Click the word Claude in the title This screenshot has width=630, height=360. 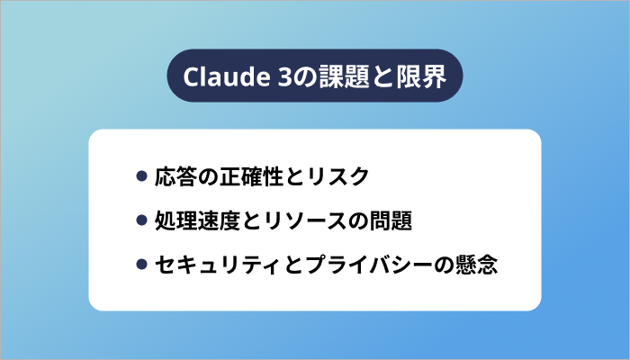point(226,76)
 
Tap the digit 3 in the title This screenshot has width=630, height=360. point(284,76)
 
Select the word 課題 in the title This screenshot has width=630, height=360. point(345,76)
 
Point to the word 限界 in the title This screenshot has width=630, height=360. point(421,76)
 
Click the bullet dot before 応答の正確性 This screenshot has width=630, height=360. point(141,176)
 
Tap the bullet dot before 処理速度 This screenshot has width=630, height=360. point(141,220)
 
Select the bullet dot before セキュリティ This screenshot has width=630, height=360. point(141,264)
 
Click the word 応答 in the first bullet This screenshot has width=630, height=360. point(176,176)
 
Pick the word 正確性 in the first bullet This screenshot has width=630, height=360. point(251,176)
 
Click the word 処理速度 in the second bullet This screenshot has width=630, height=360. point(197,220)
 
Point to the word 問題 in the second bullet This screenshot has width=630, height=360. point(391,220)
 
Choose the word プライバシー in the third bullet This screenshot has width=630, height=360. point(369,265)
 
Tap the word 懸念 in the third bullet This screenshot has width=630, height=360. point(476,265)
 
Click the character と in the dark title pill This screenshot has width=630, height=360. point(382,76)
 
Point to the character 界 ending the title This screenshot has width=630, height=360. point(435,76)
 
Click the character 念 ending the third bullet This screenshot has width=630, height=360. point(488,265)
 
